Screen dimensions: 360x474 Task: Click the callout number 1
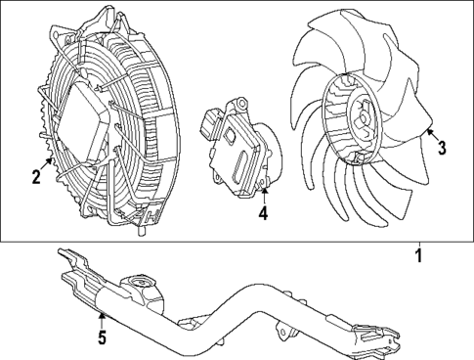tap(418, 258)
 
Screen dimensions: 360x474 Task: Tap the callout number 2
tap(35, 177)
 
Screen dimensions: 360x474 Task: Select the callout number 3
tap(442, 148)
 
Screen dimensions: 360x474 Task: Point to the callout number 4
tap(262, 213)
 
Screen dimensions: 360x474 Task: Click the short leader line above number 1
tap(418, 246)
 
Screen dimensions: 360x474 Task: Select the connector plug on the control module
tap(208, 125)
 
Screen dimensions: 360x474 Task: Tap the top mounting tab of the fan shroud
tap(101, 15)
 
